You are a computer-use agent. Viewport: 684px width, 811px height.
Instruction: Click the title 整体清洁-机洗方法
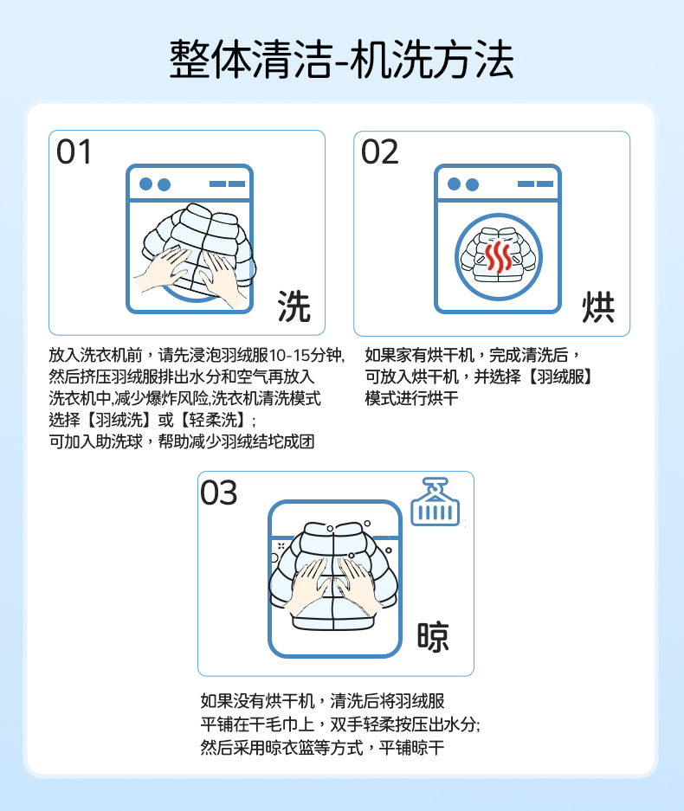tap(341, 60)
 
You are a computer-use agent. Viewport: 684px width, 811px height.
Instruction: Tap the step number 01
tap(74, 152)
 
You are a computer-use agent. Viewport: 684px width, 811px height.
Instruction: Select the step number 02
tap(380, 152)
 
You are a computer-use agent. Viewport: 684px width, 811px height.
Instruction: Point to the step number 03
tap(219, 492)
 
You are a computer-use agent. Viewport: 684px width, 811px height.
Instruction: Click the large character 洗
tap(294, 306)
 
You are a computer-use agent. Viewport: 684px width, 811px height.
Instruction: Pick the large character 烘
tap(598, 306)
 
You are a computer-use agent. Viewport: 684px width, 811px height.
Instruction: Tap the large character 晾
tap(433, 636)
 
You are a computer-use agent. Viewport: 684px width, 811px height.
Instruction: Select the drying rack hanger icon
tap(436, 502)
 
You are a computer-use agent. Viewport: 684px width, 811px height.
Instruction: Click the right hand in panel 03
tap(360, 584)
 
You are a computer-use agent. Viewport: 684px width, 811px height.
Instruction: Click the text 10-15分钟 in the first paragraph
tap(305, 356)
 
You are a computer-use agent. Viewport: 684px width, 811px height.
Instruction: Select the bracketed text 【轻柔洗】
tap(213, 420)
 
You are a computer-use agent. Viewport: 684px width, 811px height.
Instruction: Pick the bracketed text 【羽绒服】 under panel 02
tap(560, 377)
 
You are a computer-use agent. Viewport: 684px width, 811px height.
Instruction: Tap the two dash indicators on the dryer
tap(535, 183)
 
